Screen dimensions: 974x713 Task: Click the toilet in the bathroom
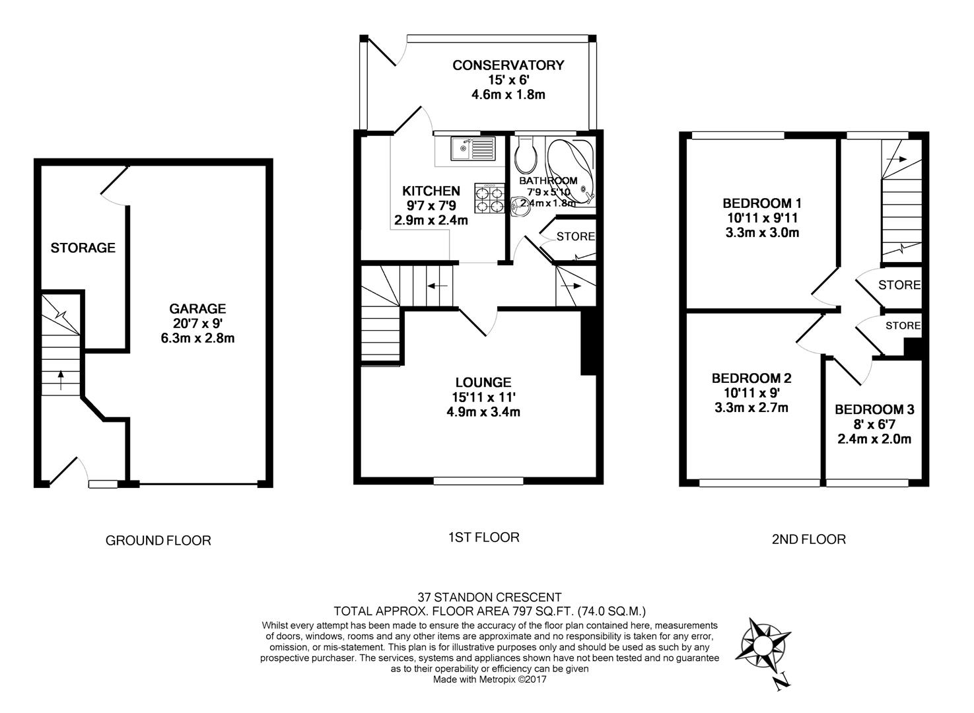tap(526, 156)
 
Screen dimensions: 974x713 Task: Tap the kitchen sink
tap(473, 149)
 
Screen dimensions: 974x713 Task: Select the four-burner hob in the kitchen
tap(490, 198)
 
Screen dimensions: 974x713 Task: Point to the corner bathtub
tap(571, 172)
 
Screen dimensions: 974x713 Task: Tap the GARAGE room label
tap(197, 309)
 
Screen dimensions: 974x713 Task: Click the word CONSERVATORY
tap(508, 65)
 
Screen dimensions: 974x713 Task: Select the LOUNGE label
tap(483, 383)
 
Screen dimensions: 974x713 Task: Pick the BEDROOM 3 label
tap(874, 409)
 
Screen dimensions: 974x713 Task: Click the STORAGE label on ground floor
tap(83, 248)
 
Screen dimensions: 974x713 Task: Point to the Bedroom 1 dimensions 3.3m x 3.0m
tap(762, 232)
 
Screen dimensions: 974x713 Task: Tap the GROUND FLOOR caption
tap(158, 541)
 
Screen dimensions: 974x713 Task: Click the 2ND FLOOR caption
tap(809, 539)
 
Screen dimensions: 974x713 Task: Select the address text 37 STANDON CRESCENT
tap(489, 597)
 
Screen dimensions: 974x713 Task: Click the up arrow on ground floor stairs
tap(61, 379)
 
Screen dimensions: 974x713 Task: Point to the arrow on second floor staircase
tap(896, 159)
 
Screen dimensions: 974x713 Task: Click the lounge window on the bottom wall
tap(478, 481)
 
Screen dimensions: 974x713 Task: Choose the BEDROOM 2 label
tap(751, 379)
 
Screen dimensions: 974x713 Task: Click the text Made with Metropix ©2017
tap(489, 679)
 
